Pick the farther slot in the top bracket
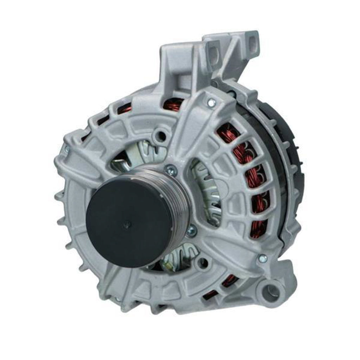(253, 41)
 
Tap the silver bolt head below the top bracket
(211, 103)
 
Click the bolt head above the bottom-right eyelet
(262, 258)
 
